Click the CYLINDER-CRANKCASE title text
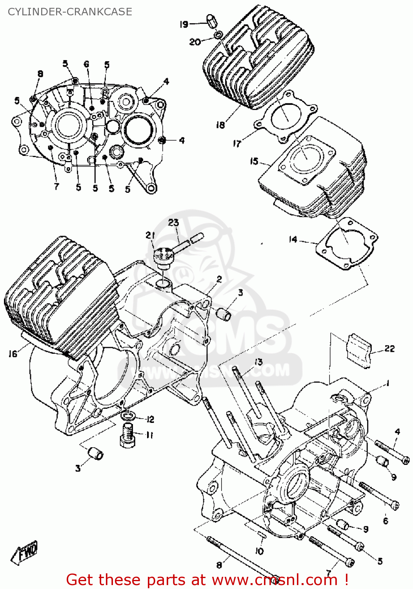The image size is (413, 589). click(x=70, y=12)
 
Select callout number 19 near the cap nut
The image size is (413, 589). click(x=184, y=24)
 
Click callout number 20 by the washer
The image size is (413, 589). click(x=195, y=42)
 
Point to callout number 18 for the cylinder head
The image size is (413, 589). click(x=220, y=125)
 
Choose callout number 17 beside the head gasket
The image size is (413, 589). click(x=237, y=143)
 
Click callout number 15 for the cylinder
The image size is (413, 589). click(x=254, y=161)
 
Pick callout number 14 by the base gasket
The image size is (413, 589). click(x=293, y=239)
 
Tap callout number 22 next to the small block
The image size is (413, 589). click(x=389, y=349)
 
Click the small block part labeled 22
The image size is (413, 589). click(x=359, y=350)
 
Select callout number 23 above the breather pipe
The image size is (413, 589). click(x=173, y=223)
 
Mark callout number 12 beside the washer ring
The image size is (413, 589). click(x=150, y=419)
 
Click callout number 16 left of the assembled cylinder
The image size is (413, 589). click(x=13, y=354)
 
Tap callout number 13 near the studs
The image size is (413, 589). click(x=258, y=362)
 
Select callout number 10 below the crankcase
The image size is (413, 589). click(x=259, y=551)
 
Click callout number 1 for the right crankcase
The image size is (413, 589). click(x=388, y=383)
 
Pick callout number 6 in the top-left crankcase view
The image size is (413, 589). click(x=86, y=64)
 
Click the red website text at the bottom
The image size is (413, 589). click(x=207, y=580)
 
